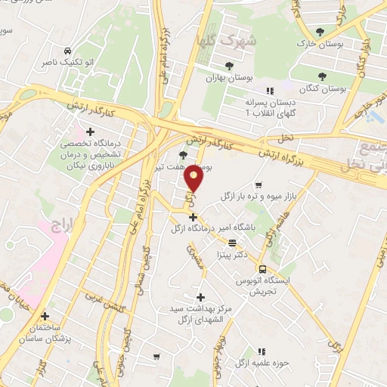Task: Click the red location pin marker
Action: (193, 178)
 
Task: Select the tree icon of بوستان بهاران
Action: (211, 65)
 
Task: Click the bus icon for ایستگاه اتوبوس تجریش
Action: (262, 270)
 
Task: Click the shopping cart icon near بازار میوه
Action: (259, 184)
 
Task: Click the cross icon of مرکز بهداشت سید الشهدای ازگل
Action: (200, 297)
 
